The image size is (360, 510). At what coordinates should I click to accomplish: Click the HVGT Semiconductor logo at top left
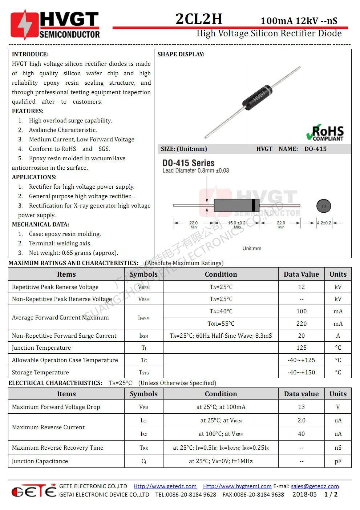point(55,25)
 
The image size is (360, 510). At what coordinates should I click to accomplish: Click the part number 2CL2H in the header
point(199,19)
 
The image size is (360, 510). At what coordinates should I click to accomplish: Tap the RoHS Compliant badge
point(325,133)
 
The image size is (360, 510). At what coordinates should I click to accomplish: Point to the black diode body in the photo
point(258,97)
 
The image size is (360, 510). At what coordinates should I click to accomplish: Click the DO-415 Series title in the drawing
point(188,163)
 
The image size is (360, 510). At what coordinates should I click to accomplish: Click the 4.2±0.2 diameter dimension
point(324,223)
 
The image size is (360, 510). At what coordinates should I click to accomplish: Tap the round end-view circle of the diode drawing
point(324,206)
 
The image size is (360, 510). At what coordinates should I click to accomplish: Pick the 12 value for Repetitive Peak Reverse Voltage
point(301,287)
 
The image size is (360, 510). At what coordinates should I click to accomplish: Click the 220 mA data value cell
point(301,324)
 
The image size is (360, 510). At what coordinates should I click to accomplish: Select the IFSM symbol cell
point(144,336)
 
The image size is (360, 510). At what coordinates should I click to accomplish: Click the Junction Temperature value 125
point(301,348)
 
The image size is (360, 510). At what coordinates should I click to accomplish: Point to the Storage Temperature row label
point(40,373)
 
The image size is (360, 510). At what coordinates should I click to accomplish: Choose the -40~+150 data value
point(301,373)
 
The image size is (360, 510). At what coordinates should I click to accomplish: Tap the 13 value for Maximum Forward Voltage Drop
point(301,407)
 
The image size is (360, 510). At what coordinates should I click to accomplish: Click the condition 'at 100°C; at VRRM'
point(221,434)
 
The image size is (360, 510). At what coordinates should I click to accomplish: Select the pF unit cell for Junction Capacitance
point(338,461)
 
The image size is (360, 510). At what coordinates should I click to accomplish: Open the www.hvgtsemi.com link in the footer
point(237,486)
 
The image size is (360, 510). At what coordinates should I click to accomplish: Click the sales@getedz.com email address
point(315,486)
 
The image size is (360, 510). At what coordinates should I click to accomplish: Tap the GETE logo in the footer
point(34,491)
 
